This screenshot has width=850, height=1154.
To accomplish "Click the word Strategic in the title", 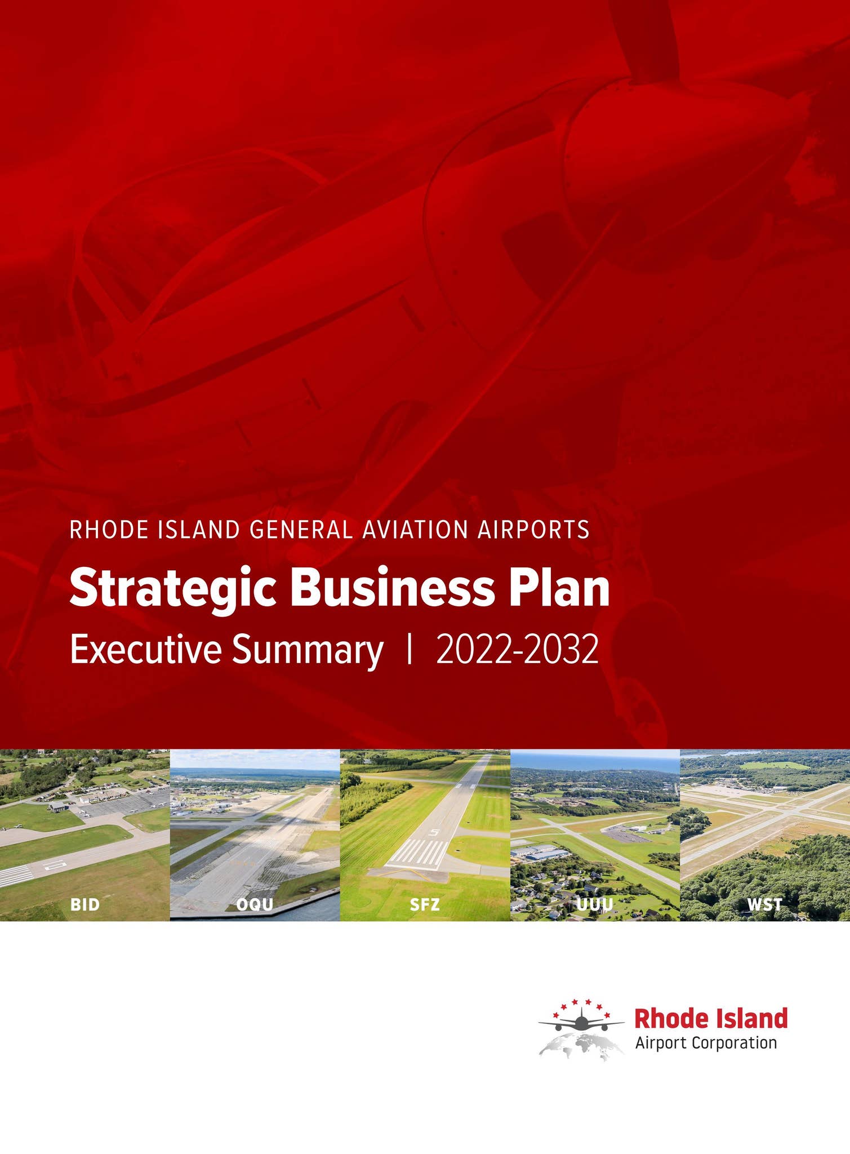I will (x=172, y=589).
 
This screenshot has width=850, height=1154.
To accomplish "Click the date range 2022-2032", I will (x=517, y=650).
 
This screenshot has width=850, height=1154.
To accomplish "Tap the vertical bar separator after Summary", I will (x=410, y=650).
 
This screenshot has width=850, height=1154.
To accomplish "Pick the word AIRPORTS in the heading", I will (x=533, y=530).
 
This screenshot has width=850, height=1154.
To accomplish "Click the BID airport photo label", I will (x=85, y=904).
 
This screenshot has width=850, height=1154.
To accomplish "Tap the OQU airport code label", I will (x=255, y=904).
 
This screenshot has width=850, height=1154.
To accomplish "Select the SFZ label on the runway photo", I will (x=425, y=904).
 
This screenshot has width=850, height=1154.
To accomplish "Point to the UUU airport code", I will (x=595, y=904).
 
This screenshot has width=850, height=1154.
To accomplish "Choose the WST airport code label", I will (x=764, y=904).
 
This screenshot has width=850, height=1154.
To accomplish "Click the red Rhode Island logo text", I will (x=711, y=1018).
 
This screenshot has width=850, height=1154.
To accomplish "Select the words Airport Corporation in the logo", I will (x=706, y=1043).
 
